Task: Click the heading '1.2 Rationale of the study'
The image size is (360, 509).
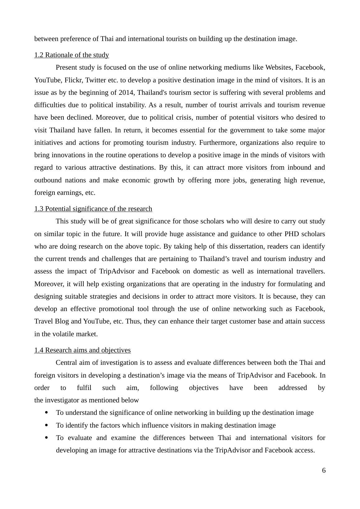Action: coord(72,55)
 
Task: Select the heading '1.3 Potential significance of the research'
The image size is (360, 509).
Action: coord(93,209)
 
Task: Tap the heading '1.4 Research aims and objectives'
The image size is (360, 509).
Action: coord(82,350)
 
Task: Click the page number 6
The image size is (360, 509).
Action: coord(324,470)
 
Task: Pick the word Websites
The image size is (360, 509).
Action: coord(278,67)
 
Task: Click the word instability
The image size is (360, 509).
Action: coord(131,105)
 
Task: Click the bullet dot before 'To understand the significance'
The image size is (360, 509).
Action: coord(47,413)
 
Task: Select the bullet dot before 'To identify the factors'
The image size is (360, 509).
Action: coord(47,425)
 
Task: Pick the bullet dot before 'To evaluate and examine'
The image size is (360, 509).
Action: coord(47,438)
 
